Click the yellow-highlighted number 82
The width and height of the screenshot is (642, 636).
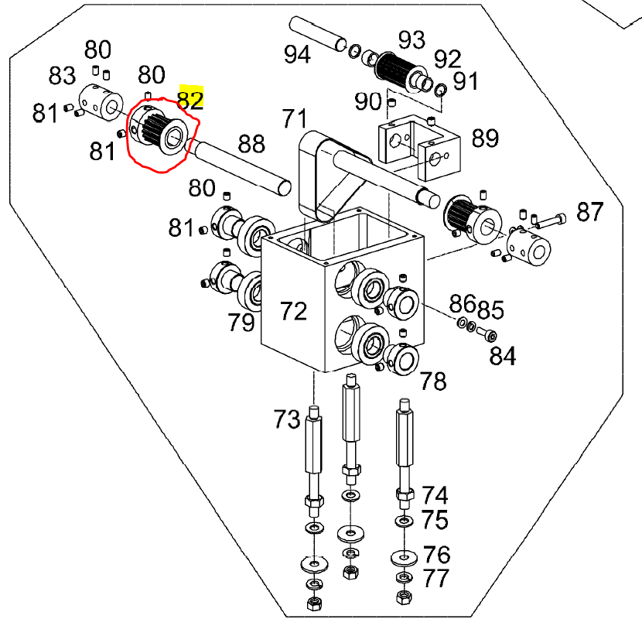[x=190, y=100]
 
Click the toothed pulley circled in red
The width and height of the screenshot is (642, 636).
[x=159, y=131]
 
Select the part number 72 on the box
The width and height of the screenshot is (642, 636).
[x=293, y=311]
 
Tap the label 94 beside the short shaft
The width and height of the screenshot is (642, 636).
[x=297, y=54]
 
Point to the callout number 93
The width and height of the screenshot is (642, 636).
[x=411, y=39]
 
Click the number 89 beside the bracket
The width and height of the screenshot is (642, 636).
[x=485, y=138]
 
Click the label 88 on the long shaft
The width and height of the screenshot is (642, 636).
[x=251, y=143]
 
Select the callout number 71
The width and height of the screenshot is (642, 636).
[x=295, y=119]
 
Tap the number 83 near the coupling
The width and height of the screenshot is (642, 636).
[x=62, y=75]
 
